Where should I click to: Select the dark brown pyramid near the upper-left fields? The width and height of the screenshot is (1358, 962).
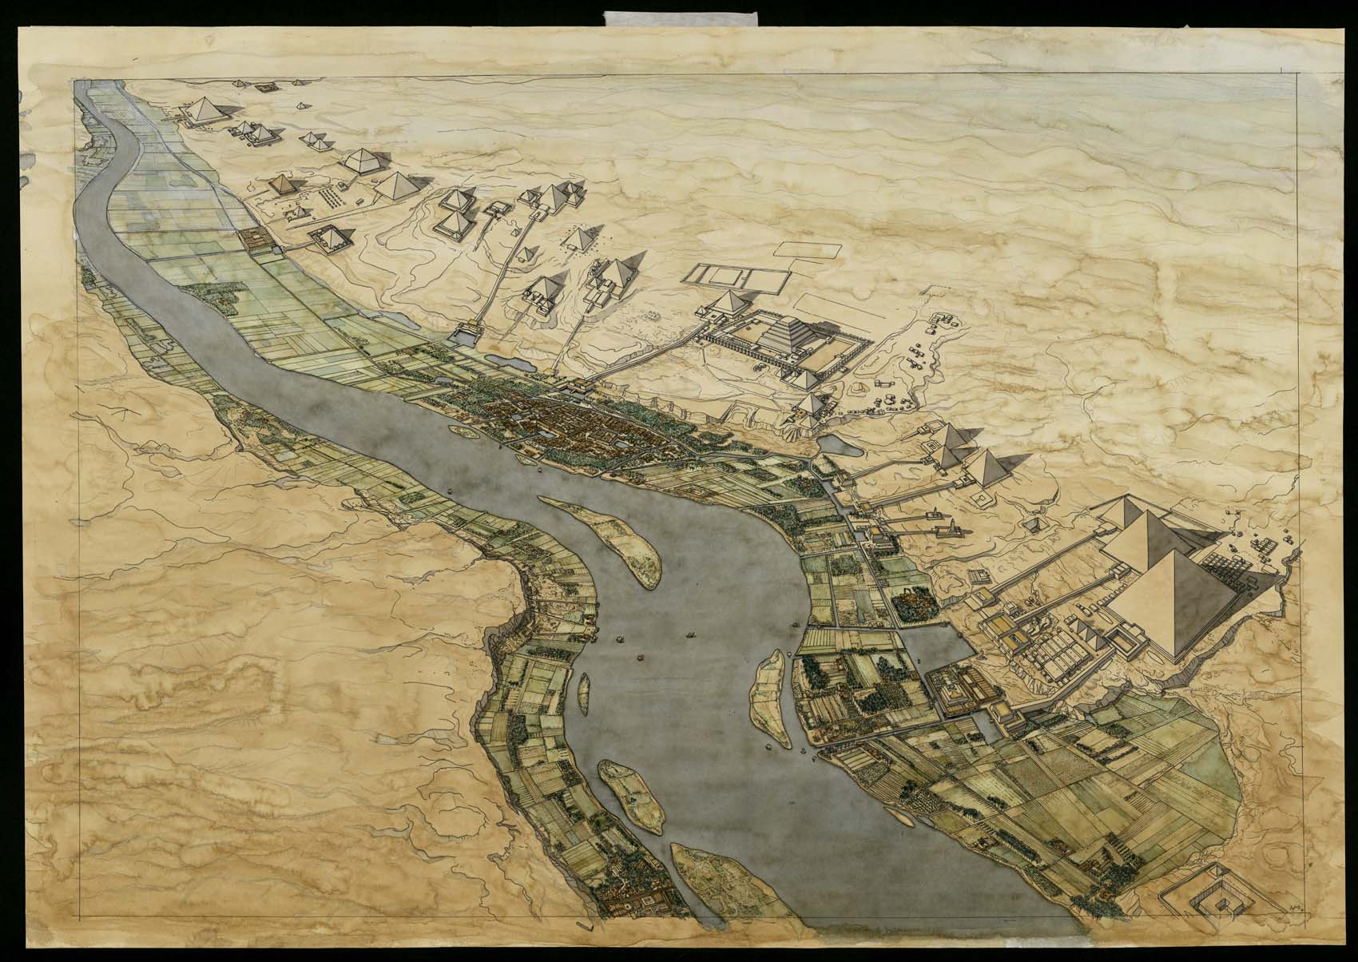284,184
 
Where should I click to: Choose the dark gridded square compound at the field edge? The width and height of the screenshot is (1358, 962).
256,238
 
